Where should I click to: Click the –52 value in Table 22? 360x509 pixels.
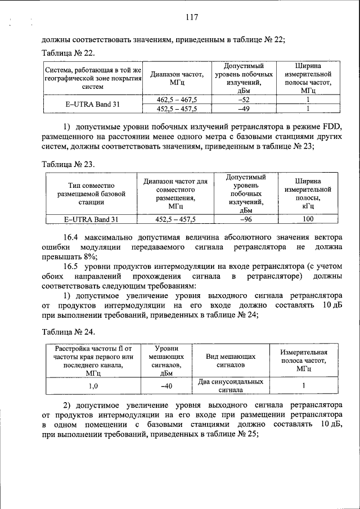[244, 100]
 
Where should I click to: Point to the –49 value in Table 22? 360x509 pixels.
[244, 108]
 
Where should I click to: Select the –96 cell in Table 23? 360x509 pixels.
[245, 219]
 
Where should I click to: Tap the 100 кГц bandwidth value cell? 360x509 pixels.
[308, 219]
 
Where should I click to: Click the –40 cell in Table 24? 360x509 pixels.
[166, 386]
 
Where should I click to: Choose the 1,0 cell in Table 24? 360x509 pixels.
[93, 386]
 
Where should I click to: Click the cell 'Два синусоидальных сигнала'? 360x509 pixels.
[231, 386]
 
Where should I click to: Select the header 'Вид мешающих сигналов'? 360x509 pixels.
[231, 360]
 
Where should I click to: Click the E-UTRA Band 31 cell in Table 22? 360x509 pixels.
[92, 104]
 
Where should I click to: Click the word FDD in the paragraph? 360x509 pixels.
[330, 126]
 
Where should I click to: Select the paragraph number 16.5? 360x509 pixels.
[73, 267]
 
